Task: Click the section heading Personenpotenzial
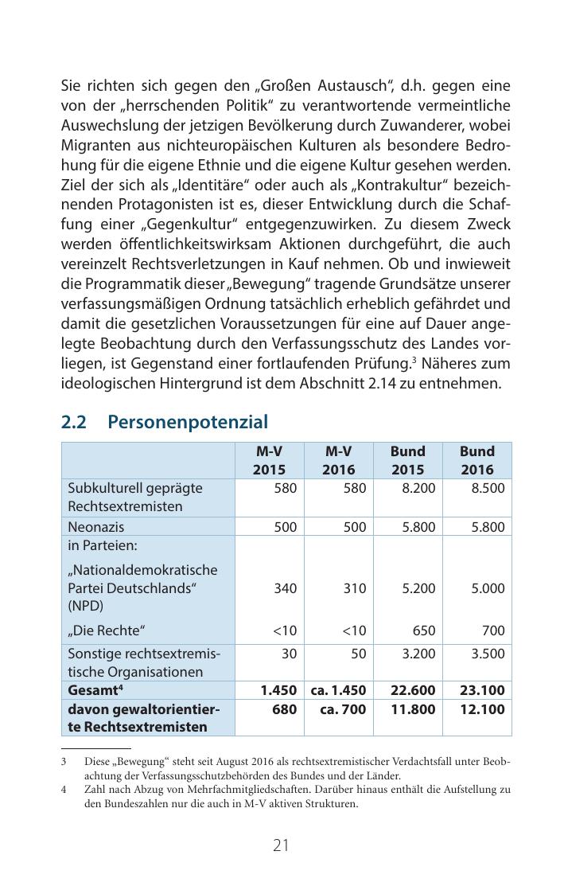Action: pos(188,422)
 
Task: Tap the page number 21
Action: pos(281,845)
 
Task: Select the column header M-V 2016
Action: pos(338,460)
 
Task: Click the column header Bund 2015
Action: pos(407,460)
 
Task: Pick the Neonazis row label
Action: pos(96,527)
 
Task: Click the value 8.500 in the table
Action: pos(488,488)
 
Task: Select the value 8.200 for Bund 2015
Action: pos(418,488)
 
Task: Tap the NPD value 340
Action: pos(285,588)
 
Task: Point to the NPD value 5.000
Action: pos(488,588)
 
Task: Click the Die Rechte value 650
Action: pos(424,630)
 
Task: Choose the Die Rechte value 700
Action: pos(493,630)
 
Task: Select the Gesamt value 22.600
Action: pos(414,690)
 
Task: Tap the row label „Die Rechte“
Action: pos(107,630)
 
